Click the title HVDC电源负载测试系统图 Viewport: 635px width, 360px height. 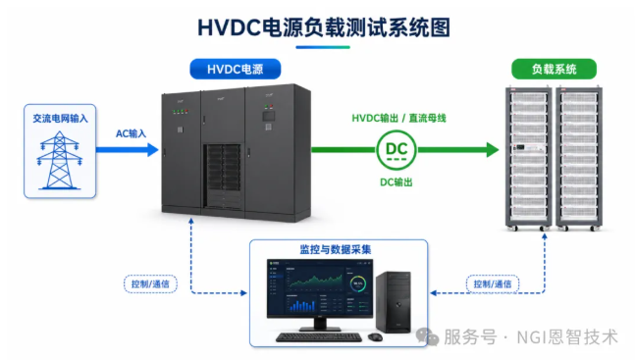(x=324, y=27)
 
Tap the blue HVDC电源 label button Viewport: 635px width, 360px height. (x=236, y=69)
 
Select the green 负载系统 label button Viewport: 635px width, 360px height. (x=554, y=69)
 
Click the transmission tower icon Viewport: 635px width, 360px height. (x=60, y=160)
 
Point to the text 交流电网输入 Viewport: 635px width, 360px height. (x=60, y=119)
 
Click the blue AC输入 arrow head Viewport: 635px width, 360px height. (x=153, y=149)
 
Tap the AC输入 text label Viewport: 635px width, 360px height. (x=131, y=133)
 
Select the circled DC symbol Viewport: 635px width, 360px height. (x=397, y=150)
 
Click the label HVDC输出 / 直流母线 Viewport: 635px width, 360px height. (x=398, y=119)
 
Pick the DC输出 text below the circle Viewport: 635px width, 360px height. (x=397, y=182)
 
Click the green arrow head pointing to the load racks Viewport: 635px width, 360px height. (x=493, y=150)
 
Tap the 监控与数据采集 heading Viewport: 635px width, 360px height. (x=336, y=249)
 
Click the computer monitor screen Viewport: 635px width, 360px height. (x=320, y=288)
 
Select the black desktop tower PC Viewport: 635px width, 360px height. (x=394, y=302)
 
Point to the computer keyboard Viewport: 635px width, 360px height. (x=319, y=336)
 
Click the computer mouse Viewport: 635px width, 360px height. (x=376, y=336)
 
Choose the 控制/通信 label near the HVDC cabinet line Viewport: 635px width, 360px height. (x=150, y=283)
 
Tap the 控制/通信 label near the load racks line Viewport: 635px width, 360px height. (x=493, y=283)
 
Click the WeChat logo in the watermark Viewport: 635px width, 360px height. (x=427, y=336)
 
